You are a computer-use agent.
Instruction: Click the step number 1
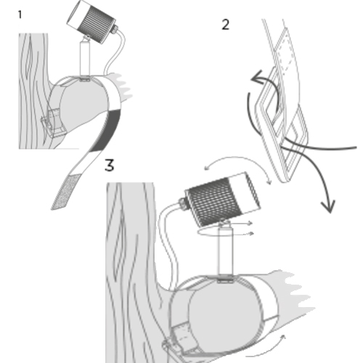coord(20,15)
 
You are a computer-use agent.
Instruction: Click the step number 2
coord(225,25)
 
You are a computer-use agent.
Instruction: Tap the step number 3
coord(110,166)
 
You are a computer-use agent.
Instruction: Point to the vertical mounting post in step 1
coord(84,58)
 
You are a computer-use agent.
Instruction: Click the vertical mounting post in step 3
coord(226,252)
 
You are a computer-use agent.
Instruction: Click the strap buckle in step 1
coord(53,123)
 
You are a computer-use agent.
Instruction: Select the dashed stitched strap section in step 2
coord(285,52)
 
